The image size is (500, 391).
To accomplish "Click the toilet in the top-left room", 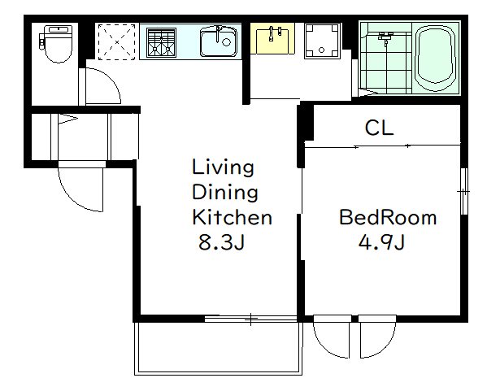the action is click(56, 44).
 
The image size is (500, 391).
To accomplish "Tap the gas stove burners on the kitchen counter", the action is click(161, 42).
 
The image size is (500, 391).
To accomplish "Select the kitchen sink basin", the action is click(219, 42).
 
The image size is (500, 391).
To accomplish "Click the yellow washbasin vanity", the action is click(272, 38).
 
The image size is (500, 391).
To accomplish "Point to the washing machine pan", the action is click(323, 41).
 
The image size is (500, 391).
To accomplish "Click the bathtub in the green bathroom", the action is click(435, 58).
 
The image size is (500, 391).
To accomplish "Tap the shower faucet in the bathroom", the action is click(385, 37).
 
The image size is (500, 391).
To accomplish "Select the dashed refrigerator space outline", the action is click(117, 41).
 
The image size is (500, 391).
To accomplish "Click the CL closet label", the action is click(379, 128).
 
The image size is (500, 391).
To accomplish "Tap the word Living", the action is click(223, 167).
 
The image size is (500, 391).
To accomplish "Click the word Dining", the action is click(225, 193).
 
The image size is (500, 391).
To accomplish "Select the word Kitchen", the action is click(232, 218).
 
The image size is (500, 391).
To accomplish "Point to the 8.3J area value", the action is click(222, 242).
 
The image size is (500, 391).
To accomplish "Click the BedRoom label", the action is click(388, 218).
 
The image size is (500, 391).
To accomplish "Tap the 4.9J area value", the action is click(381, 242).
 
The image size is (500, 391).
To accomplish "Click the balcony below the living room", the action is click(218, 348).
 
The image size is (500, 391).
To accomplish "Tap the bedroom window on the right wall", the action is click(464, 191).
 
